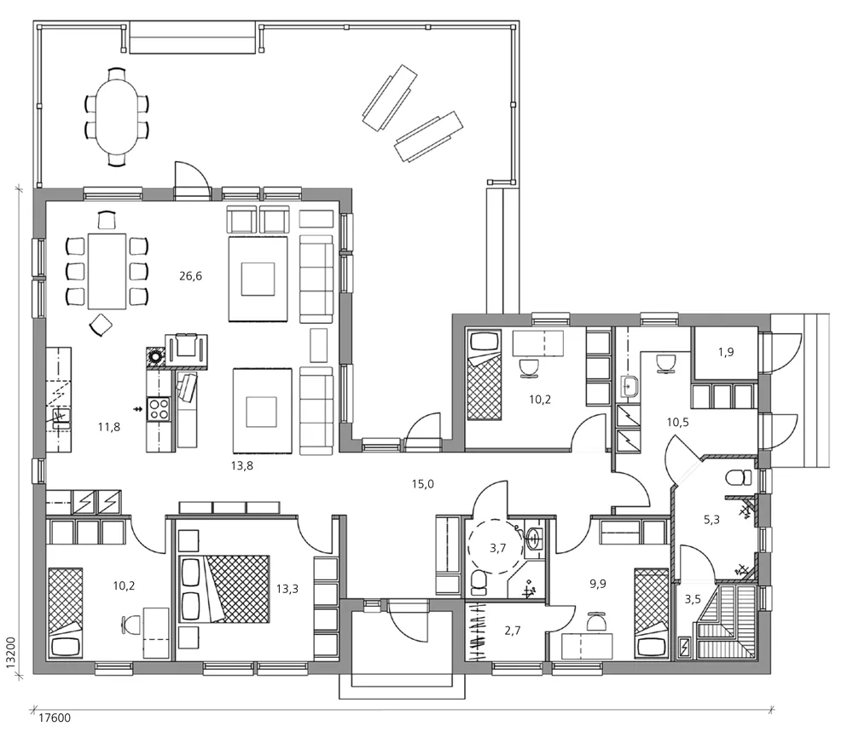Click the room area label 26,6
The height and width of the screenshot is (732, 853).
pyautogui.click(x=190, y=275)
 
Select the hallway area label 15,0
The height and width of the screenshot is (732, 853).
pyautogui.click(x=424, y=484)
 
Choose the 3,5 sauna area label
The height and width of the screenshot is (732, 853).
pyautogui.click(x=692, y=599)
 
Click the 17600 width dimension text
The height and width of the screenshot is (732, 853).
pyautogui.click(x=54, y=718)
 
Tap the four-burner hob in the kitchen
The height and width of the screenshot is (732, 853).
pyautogui.click(x=159, y=408)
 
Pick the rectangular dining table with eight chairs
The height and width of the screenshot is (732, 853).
pyautogui.click(x=107, y=271)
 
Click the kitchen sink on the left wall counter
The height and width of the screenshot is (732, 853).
pyautogui.click(x=61, y=416)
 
